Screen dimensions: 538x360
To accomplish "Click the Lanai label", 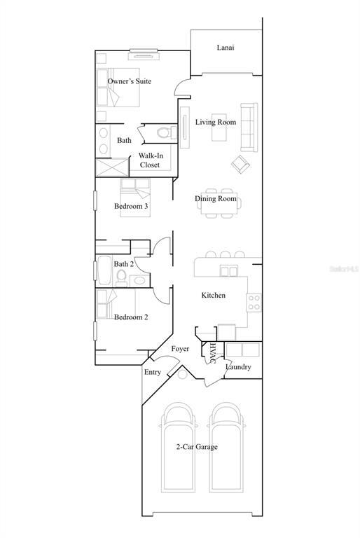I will point(225,48).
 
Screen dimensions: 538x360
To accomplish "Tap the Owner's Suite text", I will point(129,81).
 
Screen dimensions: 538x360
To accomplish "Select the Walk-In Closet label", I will point(149,160).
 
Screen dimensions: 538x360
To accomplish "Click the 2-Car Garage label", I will point(196,446).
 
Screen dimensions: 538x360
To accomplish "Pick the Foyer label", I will point(181,348).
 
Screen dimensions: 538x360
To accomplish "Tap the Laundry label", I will point(238,367).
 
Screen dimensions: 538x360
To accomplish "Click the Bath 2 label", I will point(124,264).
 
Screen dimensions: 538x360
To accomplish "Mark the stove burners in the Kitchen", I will point(254,303).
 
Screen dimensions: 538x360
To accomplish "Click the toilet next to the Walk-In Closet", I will point(164,132).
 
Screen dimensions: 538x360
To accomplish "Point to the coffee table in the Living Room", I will point(219,122).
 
